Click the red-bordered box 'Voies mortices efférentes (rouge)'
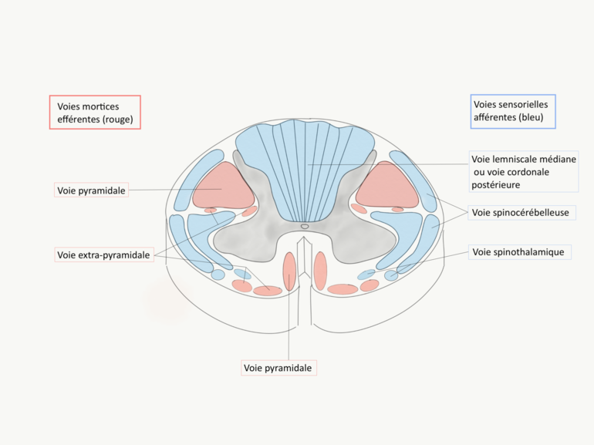(x=95, y=112)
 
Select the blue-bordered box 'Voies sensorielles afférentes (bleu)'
(x=513, y=111)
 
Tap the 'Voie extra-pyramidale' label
(x=103, y=255)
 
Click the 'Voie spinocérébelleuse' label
(x=521, y=212)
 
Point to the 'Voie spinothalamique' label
(x=518, y=252)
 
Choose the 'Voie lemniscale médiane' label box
(x=523, y=171)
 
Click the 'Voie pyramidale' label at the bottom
(x=278, y=368)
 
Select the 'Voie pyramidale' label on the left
(x=91, y=190)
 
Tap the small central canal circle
(x=305, y=226)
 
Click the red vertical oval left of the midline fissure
(x=290, y=271)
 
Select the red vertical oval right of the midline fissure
(x=320, y=271)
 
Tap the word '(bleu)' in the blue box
(x=531, y=118)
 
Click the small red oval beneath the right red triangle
(x=397, y=209)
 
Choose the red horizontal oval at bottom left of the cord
(x=268, y=291)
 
